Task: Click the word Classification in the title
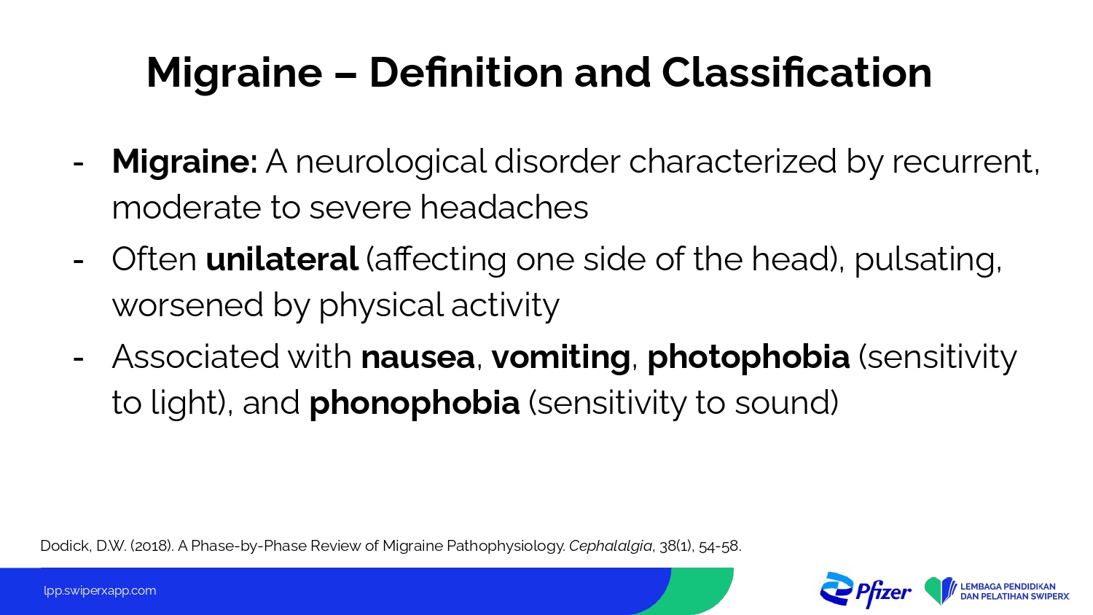pos(796,73)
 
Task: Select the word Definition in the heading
pos(466,73)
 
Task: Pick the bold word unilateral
pos(282,259)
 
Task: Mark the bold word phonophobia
pos(415,404)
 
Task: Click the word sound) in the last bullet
pos(786,403)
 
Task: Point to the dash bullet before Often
pos(78,261)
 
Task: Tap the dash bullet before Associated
pos(78,359)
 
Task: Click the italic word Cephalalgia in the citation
pos(611,547)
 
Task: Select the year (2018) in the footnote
pos(152,547)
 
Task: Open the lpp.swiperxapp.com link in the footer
pos(100,591)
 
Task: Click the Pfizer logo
pos(866,590)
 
